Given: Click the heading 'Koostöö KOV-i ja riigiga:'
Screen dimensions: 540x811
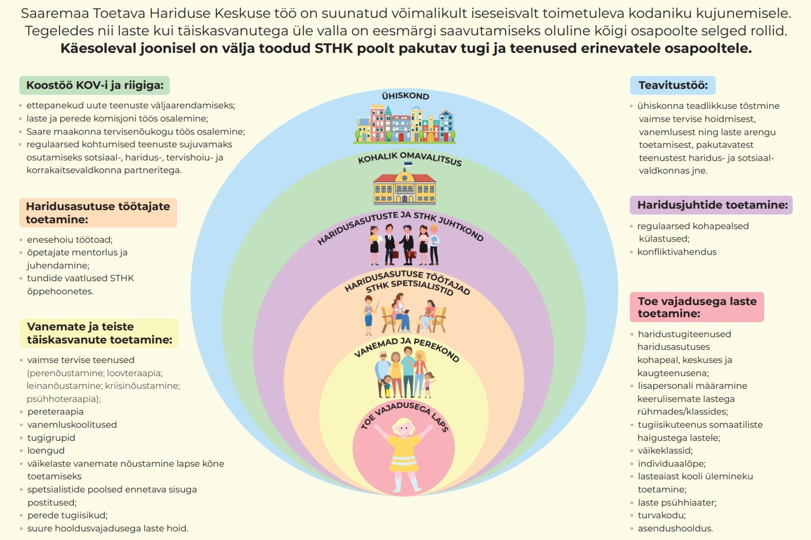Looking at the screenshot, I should click(94, 85).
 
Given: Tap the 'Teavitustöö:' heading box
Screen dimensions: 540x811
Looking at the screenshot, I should click(673, 85).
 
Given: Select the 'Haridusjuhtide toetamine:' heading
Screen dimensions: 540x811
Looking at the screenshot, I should click(712, 205).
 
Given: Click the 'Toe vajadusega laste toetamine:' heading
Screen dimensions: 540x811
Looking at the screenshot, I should click(697, 307).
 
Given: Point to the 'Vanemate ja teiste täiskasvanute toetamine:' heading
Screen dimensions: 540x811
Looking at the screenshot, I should click(99, 333).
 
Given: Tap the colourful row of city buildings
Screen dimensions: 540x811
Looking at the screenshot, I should click(405, 124).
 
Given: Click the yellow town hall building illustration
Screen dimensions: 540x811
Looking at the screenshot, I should click(405, 188).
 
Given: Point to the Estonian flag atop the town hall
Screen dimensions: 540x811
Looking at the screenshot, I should click(408, 164).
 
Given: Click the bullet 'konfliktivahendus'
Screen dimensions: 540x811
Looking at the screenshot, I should click(676, 252).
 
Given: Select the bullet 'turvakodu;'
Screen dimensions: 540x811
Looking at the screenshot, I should click(661, 515).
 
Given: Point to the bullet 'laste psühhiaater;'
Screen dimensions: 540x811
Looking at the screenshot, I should click(677, 502).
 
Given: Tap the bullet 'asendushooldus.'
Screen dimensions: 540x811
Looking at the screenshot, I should click(675, 528).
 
